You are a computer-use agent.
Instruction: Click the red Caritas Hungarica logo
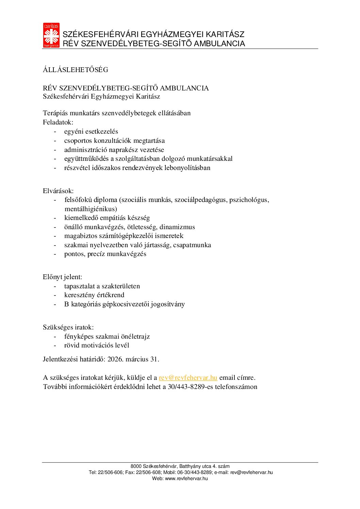[x=51, y=35]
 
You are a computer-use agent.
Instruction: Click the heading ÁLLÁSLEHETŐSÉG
[x=75, y=70]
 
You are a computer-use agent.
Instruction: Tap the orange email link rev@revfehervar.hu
[x=188, y=377]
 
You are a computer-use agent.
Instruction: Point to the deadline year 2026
[x=115, y=359]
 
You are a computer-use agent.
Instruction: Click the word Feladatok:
[x=58, y=122]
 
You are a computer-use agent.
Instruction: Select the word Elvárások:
[x=58, y=191]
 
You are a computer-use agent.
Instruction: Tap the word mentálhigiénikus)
[x=91, y=209]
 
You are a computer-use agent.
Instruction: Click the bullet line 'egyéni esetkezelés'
[x=91, y=132]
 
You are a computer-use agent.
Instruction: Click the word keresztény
[x=80, y=295]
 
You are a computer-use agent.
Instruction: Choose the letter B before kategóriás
[x=66, y=304]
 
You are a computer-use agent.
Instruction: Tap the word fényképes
[x=79, y=337]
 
